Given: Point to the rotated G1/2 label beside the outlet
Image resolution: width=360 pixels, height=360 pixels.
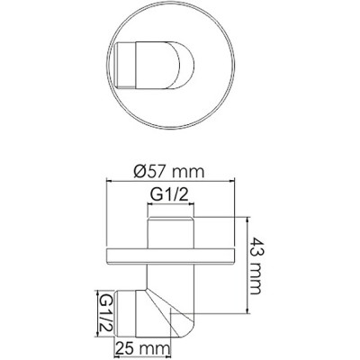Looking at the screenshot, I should pyautogui.click(x=104, y=311).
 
